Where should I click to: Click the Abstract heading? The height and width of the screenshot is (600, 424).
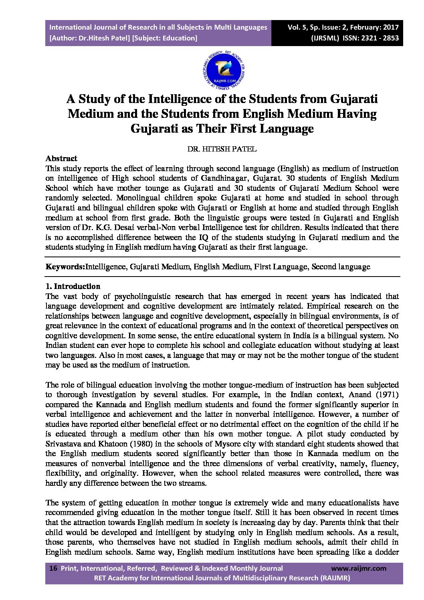click(x=61, y=158)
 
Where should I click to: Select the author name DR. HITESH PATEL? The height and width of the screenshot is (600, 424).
click(x=222, y=149)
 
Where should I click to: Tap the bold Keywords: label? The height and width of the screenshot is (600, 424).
click(x=65, y=267)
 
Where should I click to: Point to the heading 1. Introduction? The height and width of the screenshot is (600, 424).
click(x=73, y=286)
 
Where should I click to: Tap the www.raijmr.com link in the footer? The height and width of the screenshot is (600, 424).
click(x=359, y=568)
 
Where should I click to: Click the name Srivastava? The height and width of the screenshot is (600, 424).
click(x=64, y=444)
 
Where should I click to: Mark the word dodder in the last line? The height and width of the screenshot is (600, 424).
click(x=386, y=552)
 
